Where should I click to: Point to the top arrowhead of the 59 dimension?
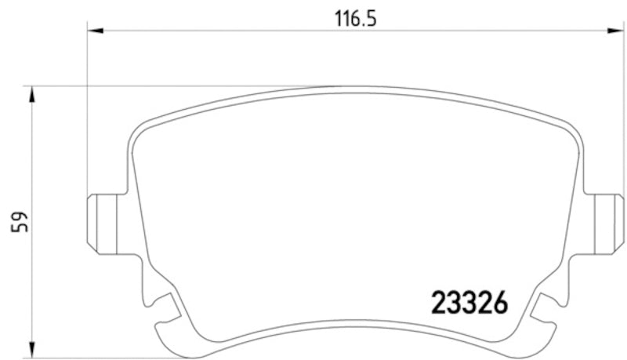31,94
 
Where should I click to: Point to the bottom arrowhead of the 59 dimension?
31,345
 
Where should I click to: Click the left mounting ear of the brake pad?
103,223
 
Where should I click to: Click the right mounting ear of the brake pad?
604,223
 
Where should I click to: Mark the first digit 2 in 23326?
440,301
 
